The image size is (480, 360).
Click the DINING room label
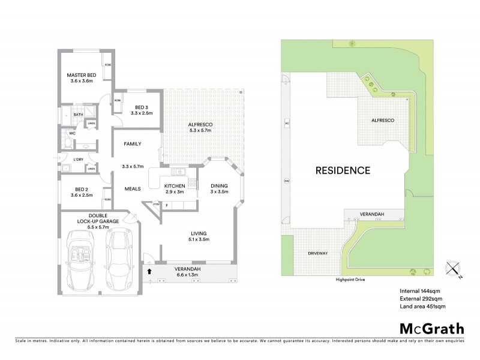218,190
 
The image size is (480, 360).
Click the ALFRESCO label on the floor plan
201,128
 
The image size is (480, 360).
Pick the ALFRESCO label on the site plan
382,121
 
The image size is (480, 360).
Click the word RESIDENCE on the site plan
342,170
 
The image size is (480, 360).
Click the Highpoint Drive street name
347,280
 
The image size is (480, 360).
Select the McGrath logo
431,328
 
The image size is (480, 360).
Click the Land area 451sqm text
422,307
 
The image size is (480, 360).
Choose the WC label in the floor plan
71,133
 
